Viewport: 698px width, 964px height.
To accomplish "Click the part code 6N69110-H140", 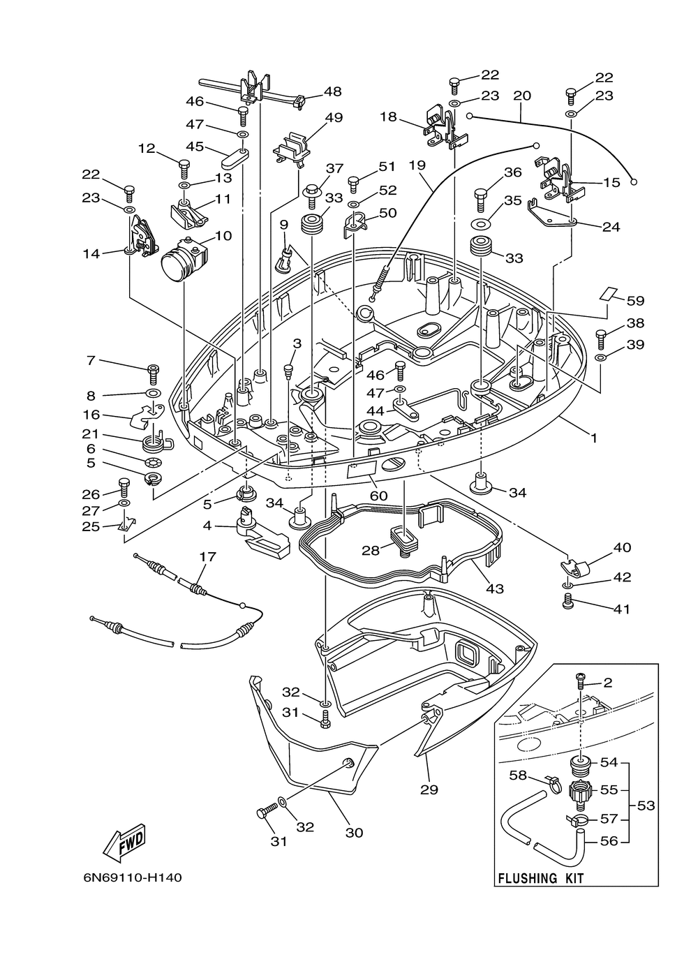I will point(132,877).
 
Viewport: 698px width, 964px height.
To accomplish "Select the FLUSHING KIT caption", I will point(540,878).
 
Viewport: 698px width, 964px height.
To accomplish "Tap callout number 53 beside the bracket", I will point(646,806).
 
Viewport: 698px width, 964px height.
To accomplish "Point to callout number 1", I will point(594,438).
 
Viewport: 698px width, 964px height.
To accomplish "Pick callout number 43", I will point(494,589).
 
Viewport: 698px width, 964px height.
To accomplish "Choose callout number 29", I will point(429,789).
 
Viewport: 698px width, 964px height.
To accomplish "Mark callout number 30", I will point(355,833).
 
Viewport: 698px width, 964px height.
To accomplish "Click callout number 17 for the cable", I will point(207,557).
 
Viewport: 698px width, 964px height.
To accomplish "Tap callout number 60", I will point(378,496).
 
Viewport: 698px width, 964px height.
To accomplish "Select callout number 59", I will point(635,301).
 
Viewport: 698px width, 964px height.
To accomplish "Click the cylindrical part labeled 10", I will point(180,259).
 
